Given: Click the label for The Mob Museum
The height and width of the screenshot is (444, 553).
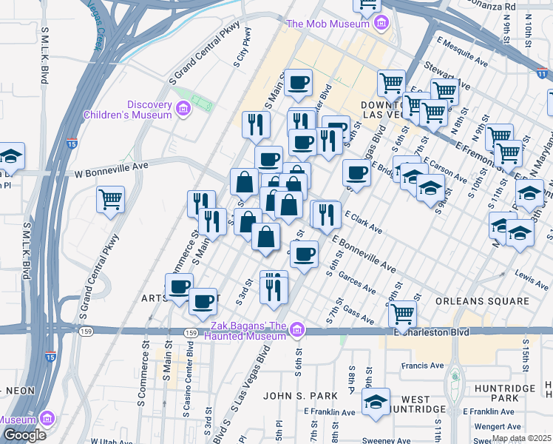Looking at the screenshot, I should click(327, 24).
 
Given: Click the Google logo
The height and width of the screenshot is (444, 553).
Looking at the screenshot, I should click(24, 435).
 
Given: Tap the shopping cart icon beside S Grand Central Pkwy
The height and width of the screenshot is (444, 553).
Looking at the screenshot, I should click(110, 199).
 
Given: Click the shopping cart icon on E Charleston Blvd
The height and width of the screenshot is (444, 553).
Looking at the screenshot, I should click(402, 313).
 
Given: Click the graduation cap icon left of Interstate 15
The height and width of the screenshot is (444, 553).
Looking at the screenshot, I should click(10, 156).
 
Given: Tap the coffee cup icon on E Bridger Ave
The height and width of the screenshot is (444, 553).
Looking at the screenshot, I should click(356, 174).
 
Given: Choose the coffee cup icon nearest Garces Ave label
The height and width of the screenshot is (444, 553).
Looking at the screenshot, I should click(303, 255).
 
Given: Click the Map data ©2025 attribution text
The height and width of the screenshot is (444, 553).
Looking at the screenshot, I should click(520, 438).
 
